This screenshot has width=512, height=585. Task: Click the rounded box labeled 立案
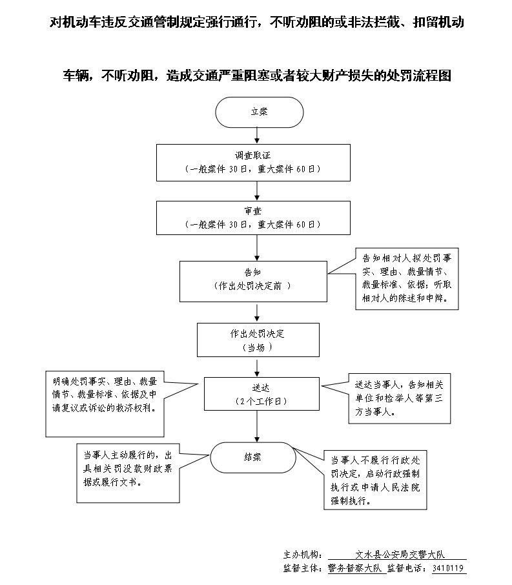click(x=259, y=112)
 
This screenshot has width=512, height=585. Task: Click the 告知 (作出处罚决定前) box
click(x=254, y=280)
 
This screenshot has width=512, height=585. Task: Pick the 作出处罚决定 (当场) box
click(x=258, y=340)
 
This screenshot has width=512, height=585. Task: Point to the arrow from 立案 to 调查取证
click(x=258, y=136)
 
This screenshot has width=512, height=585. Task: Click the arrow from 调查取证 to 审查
click(x=258, y=190)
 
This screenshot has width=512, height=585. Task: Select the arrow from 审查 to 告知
click(x=258, y=247)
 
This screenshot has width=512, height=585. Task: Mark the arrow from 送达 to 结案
click(x=258, y=426)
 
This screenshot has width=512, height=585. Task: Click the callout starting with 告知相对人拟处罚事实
click(x=406, y=279)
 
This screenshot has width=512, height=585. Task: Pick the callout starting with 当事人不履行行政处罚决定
click(x=375, y=480)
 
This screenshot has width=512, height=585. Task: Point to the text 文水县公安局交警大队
click(x=396, y=554)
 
